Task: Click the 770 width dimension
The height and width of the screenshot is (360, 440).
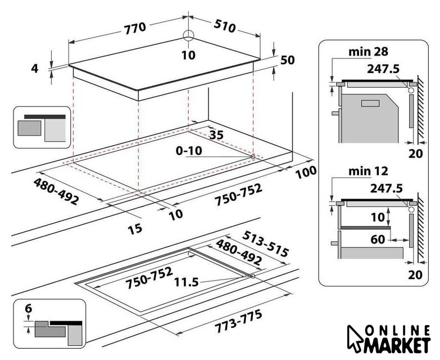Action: (x=135, y=28)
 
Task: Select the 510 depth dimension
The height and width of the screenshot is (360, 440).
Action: (x=224, y=26)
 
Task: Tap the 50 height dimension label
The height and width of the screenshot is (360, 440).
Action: (x=287, y=60)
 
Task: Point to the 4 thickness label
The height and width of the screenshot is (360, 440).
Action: (x=34, y=68)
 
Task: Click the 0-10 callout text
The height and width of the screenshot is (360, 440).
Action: (x=189, y=151)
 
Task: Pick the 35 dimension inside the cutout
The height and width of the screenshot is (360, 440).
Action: (x=217, y=135)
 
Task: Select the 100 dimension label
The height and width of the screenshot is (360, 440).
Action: (x=306, y=172)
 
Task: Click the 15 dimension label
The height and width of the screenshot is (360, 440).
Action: (x=135, y=229)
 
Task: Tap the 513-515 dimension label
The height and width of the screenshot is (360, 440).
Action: (x=265, y=244)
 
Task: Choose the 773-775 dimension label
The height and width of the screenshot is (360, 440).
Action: (x=238, y=321)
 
